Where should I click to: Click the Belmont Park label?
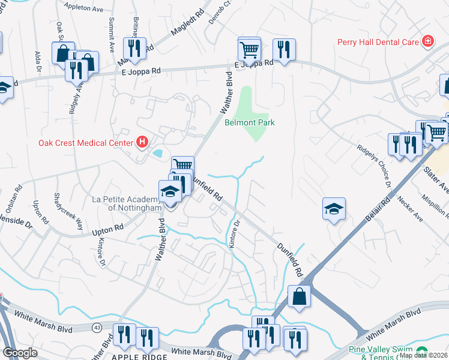coord(249,122)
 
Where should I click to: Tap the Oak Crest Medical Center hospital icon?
coord(142,142)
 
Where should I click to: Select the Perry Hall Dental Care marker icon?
coord(427,41)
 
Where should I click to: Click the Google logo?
coord(20,353)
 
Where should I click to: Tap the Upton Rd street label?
coord(108,228)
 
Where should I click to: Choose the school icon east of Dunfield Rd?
coord(334,208)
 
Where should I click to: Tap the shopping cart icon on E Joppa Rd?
coord(249,48)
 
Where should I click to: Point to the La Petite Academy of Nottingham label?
coord(127,203)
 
